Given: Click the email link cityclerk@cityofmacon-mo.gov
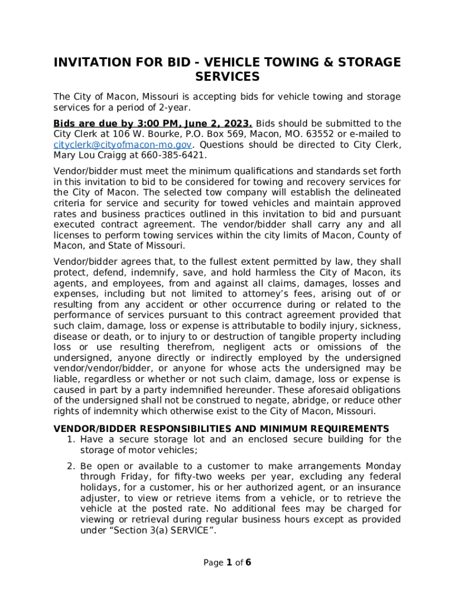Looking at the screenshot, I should tap(122, 145).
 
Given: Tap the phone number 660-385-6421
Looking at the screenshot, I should tap(175, 155).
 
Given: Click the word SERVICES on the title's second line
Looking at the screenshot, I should tap(227, 77).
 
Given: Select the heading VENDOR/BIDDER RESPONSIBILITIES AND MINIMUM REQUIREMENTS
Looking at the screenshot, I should tap(222, 429).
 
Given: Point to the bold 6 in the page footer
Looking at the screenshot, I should tap(248, 562).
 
